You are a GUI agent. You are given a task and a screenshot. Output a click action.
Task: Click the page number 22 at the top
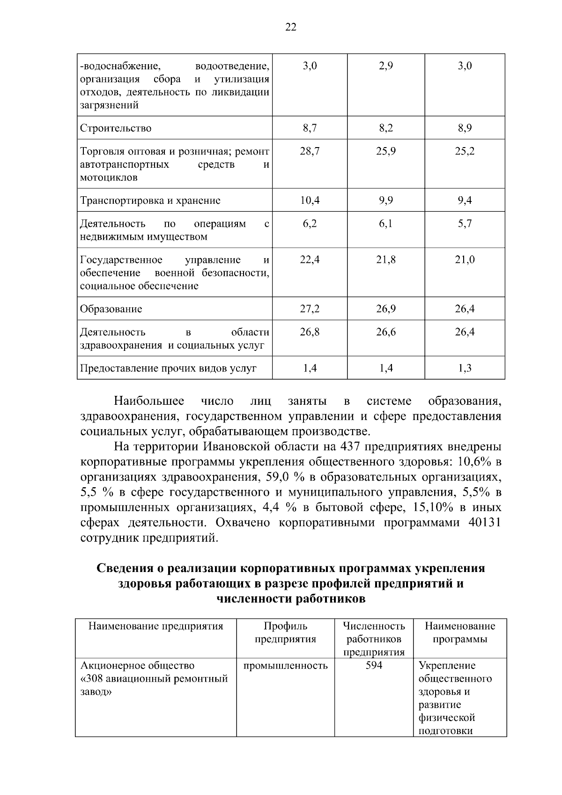click(x=290, y=28)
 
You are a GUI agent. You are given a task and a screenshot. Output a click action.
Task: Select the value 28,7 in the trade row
click(x=310, y=151)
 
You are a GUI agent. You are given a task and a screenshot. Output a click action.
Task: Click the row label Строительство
click(x=116, y=128)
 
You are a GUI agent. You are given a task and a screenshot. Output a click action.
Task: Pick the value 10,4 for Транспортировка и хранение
click(x=310, y=201)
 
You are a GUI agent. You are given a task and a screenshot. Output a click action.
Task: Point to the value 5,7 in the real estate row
click(x=465, y=224)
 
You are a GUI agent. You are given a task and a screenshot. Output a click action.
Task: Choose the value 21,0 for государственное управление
click(x=465, y=260)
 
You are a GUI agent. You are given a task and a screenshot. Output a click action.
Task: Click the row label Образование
click(x=111, y=309)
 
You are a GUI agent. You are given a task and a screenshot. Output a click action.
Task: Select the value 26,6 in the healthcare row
click(x=386, y=332)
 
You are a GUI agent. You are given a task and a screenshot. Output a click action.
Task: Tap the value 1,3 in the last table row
click(x=465, y=368)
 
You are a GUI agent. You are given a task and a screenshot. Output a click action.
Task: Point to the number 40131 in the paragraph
click(x=484, y=523)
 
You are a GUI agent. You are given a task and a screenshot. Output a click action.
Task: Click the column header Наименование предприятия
click(x=156, y=626)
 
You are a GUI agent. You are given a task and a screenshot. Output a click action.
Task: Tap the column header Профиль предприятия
click(x=285, y=632)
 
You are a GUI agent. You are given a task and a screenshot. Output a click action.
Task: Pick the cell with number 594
click(x=373, y=665)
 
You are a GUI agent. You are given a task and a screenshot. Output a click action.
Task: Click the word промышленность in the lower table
click(x=285, y=666)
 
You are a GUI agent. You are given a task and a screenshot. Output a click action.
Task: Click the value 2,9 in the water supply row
click(x=386, y=66)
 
